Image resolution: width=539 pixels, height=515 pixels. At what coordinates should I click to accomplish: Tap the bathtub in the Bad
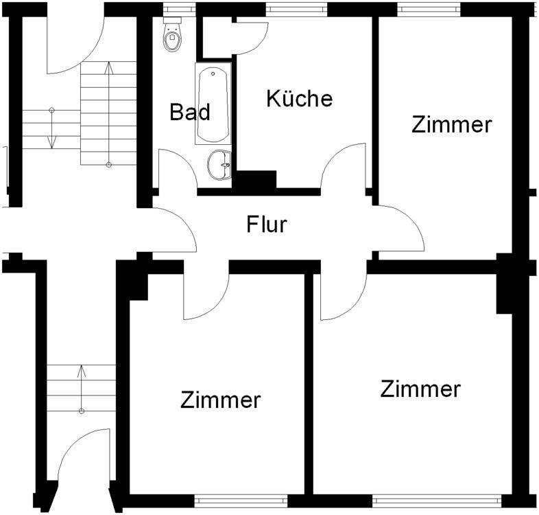[x=213, y=104]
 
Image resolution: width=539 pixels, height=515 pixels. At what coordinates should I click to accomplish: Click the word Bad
[x=190, y=112]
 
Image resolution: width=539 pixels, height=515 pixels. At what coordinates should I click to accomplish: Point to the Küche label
[x=299, y=98]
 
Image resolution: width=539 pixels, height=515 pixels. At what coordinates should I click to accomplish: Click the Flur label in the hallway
[x=266, y=224]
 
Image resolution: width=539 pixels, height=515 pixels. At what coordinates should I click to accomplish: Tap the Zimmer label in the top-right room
[x=452, y=124]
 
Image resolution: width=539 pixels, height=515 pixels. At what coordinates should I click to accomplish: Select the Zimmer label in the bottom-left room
[x=221, y=400]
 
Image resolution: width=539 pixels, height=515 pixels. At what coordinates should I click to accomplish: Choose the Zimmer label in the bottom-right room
[x=420, y=389]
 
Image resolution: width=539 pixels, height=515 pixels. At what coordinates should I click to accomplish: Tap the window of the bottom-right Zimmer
[x=436, y=498]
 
